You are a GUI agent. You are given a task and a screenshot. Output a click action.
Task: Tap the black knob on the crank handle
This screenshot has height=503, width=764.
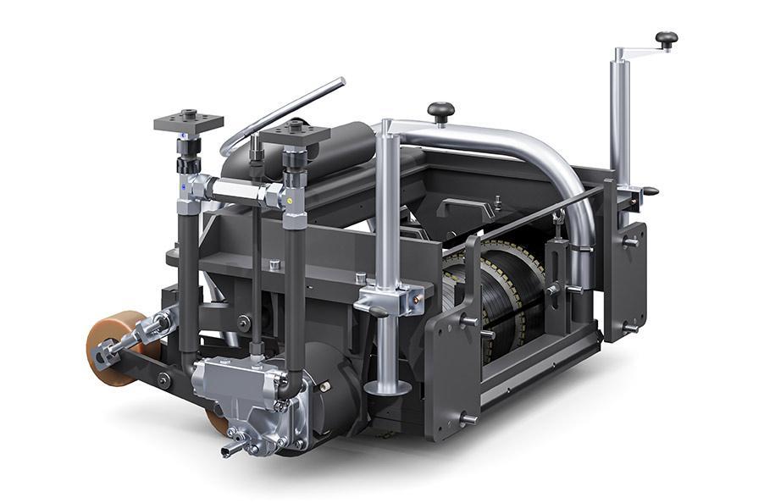click(667, 39)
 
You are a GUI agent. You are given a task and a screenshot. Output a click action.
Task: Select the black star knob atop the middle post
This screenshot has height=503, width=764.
click(440, 110)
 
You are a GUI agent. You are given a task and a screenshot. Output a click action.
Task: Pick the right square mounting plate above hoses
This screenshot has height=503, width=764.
click(294, 134)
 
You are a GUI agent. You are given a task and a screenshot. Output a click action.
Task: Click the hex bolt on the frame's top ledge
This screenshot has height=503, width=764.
click(274, 265)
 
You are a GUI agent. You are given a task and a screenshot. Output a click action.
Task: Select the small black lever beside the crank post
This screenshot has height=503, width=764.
click(647, 191)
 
